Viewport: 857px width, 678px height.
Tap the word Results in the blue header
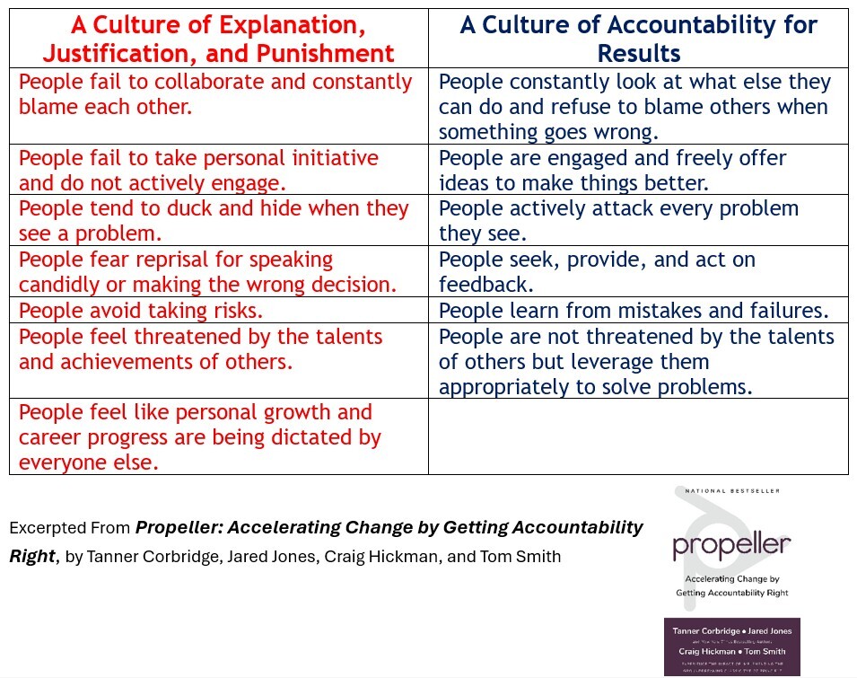click(639, 53)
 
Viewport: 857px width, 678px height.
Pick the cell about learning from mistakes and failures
click(633, 311)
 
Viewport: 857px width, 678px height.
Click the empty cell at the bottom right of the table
click(638, 436)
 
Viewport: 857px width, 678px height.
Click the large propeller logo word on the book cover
click(731, 544)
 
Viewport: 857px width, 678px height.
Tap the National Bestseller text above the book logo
click(732, 491)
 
